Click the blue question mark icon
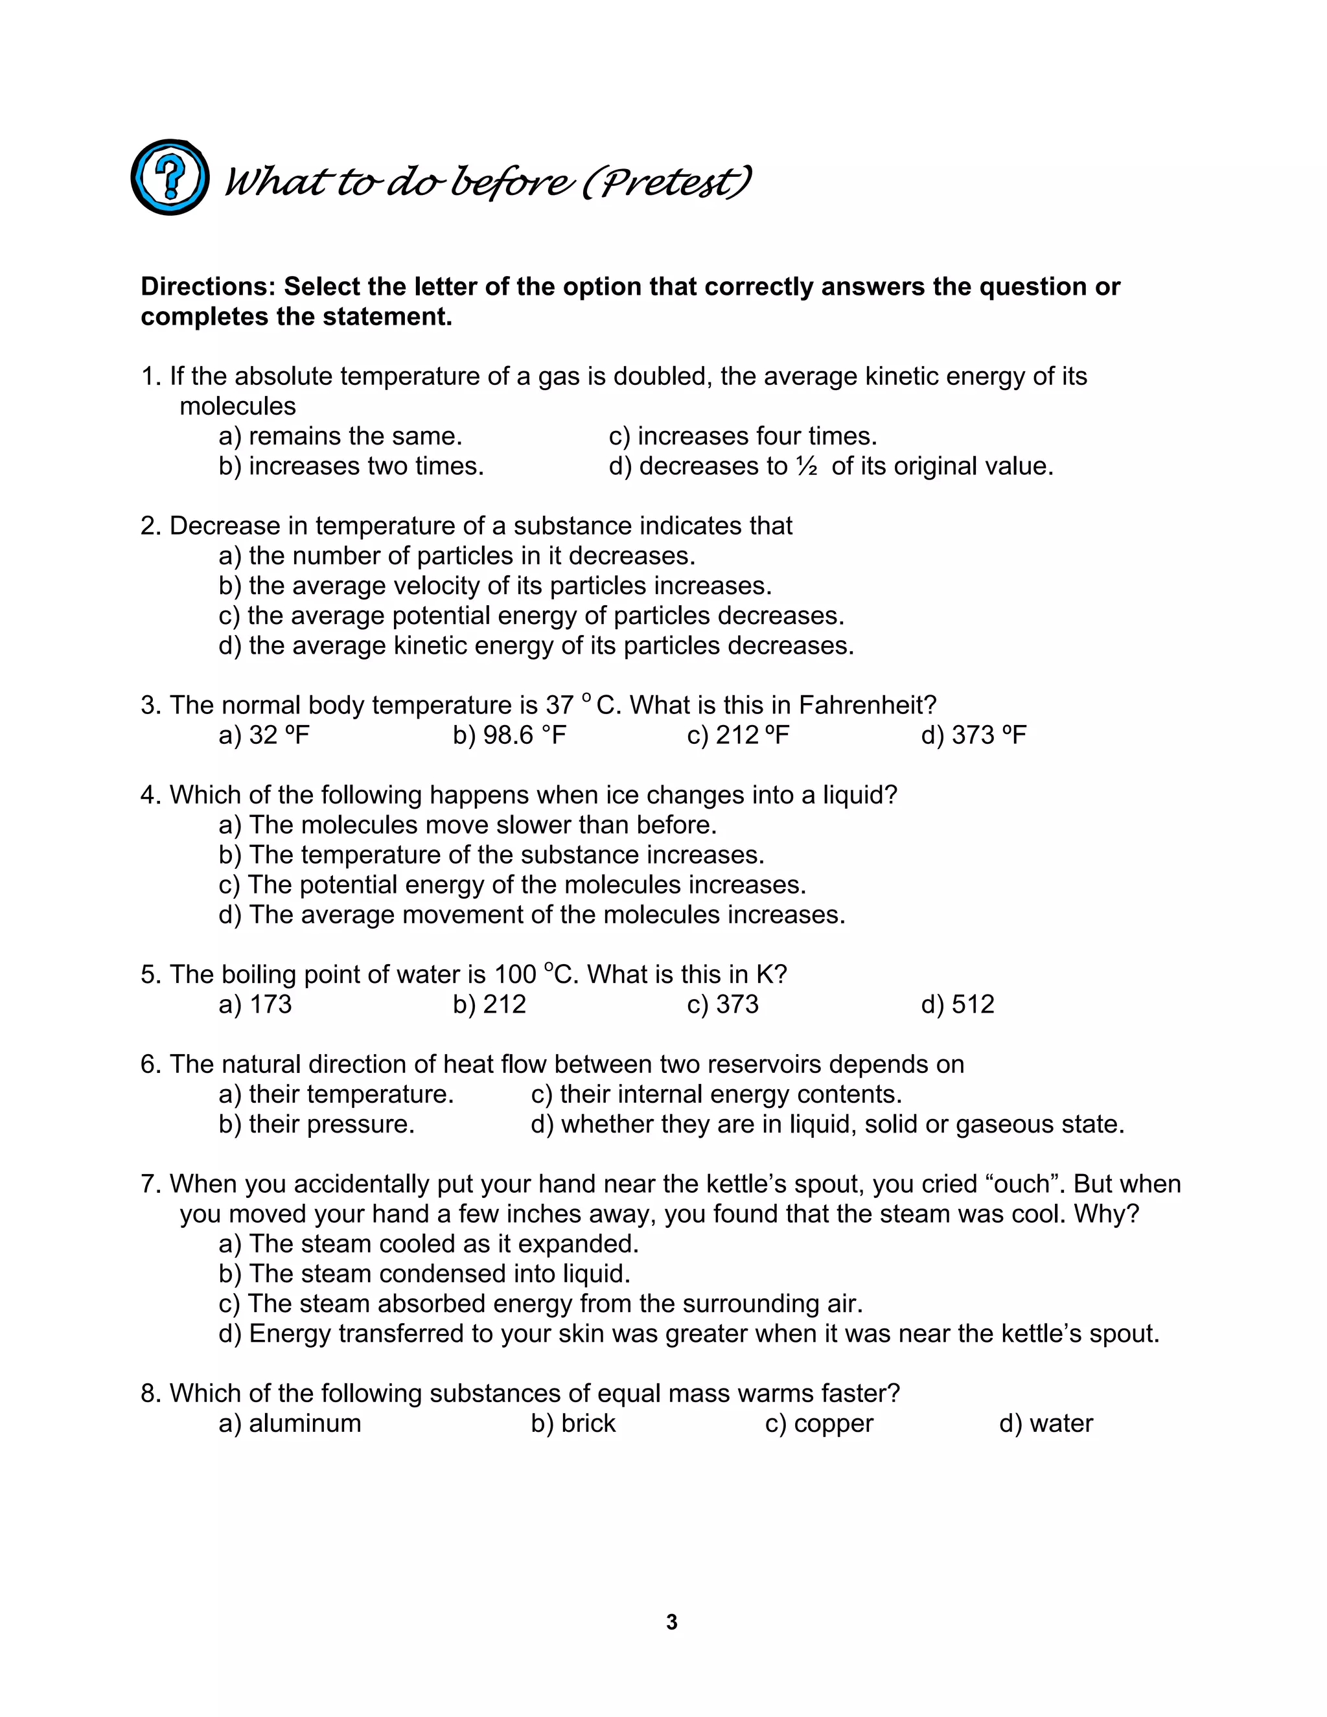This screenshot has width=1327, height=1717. [170, 177]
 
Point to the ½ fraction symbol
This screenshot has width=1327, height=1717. [806, 467]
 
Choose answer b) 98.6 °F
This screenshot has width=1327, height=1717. [509, 735]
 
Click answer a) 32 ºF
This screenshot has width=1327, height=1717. [264, 735]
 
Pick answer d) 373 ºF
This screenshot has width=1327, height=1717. [973, 735]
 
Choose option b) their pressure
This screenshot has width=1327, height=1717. [316, 1124]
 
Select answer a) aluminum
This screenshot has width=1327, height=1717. [290, 1423]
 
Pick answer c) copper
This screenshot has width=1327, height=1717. [818, 1423]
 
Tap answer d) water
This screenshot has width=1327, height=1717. [1046, 1423]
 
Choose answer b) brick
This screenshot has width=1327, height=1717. [573, 1423]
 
